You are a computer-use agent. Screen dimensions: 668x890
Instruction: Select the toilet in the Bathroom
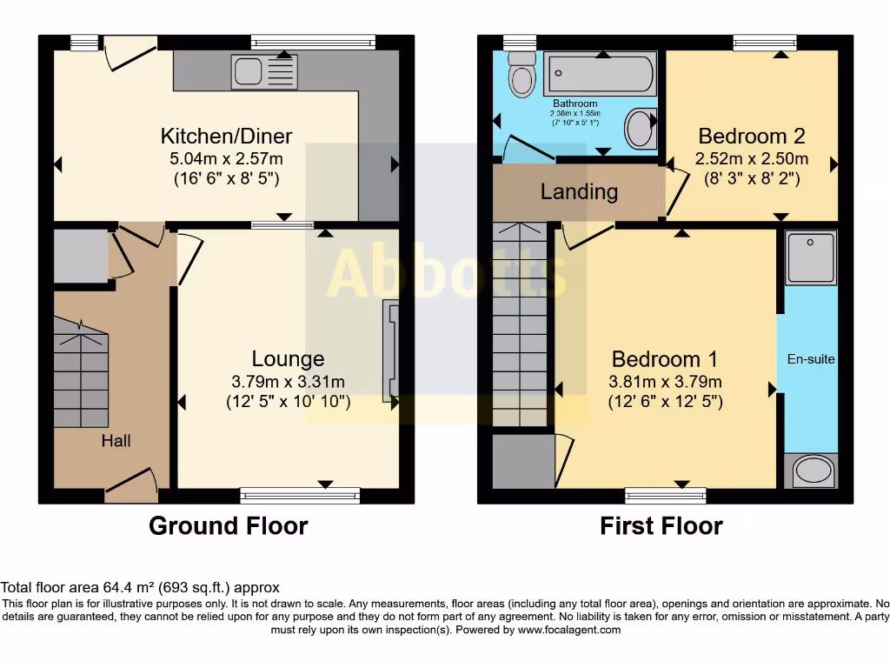point(522,75)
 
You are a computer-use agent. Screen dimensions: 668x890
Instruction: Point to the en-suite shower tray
point(811,257)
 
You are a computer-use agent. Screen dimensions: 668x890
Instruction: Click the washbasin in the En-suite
point(812,471)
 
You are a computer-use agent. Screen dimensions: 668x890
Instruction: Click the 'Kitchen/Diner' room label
point(226,136)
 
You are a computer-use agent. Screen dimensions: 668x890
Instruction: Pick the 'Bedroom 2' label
point(751,136)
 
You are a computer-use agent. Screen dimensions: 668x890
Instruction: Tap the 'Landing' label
point(579,191)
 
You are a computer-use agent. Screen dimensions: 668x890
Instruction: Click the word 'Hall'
point(116,441)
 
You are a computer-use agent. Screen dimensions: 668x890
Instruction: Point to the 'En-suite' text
point(810,358)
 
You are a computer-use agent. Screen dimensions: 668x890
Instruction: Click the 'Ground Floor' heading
point(228,526)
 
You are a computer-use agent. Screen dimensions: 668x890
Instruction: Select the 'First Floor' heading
point(661,526)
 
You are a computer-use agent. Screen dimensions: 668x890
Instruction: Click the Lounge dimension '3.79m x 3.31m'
point(288,382)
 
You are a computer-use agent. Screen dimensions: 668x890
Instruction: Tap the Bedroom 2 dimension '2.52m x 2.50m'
point(751,159)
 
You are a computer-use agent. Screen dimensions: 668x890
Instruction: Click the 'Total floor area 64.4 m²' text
point(140,588)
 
